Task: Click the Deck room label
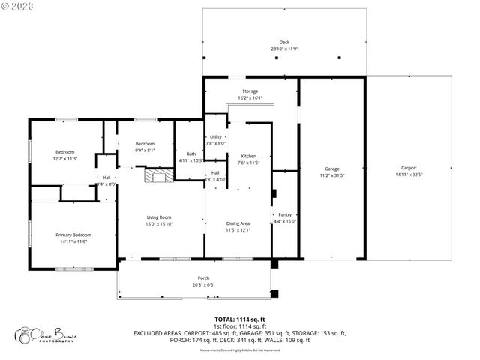[x=284, y=43]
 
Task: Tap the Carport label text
[x=409, y=168]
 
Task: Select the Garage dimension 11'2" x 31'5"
[x=331, y=175]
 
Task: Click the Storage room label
[x=250, y=91]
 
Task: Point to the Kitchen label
[x=248, y=156]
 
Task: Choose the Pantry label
[x=285, y=214]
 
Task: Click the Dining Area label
[x=238, y=223]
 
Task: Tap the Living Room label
[x=159, y=217]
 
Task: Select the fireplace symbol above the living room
[x=159, y=176]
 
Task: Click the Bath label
[x=191, y=154]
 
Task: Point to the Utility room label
[x=216, y=137]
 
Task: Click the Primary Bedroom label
[x=73, y=235]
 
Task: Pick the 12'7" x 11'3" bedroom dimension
[x=65, y=159]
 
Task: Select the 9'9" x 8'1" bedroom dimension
[x=145, y=150]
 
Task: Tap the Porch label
[x=204, y=278]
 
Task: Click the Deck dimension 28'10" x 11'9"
[x=284, y=49]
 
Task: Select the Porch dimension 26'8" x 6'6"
[x=204, y=285]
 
